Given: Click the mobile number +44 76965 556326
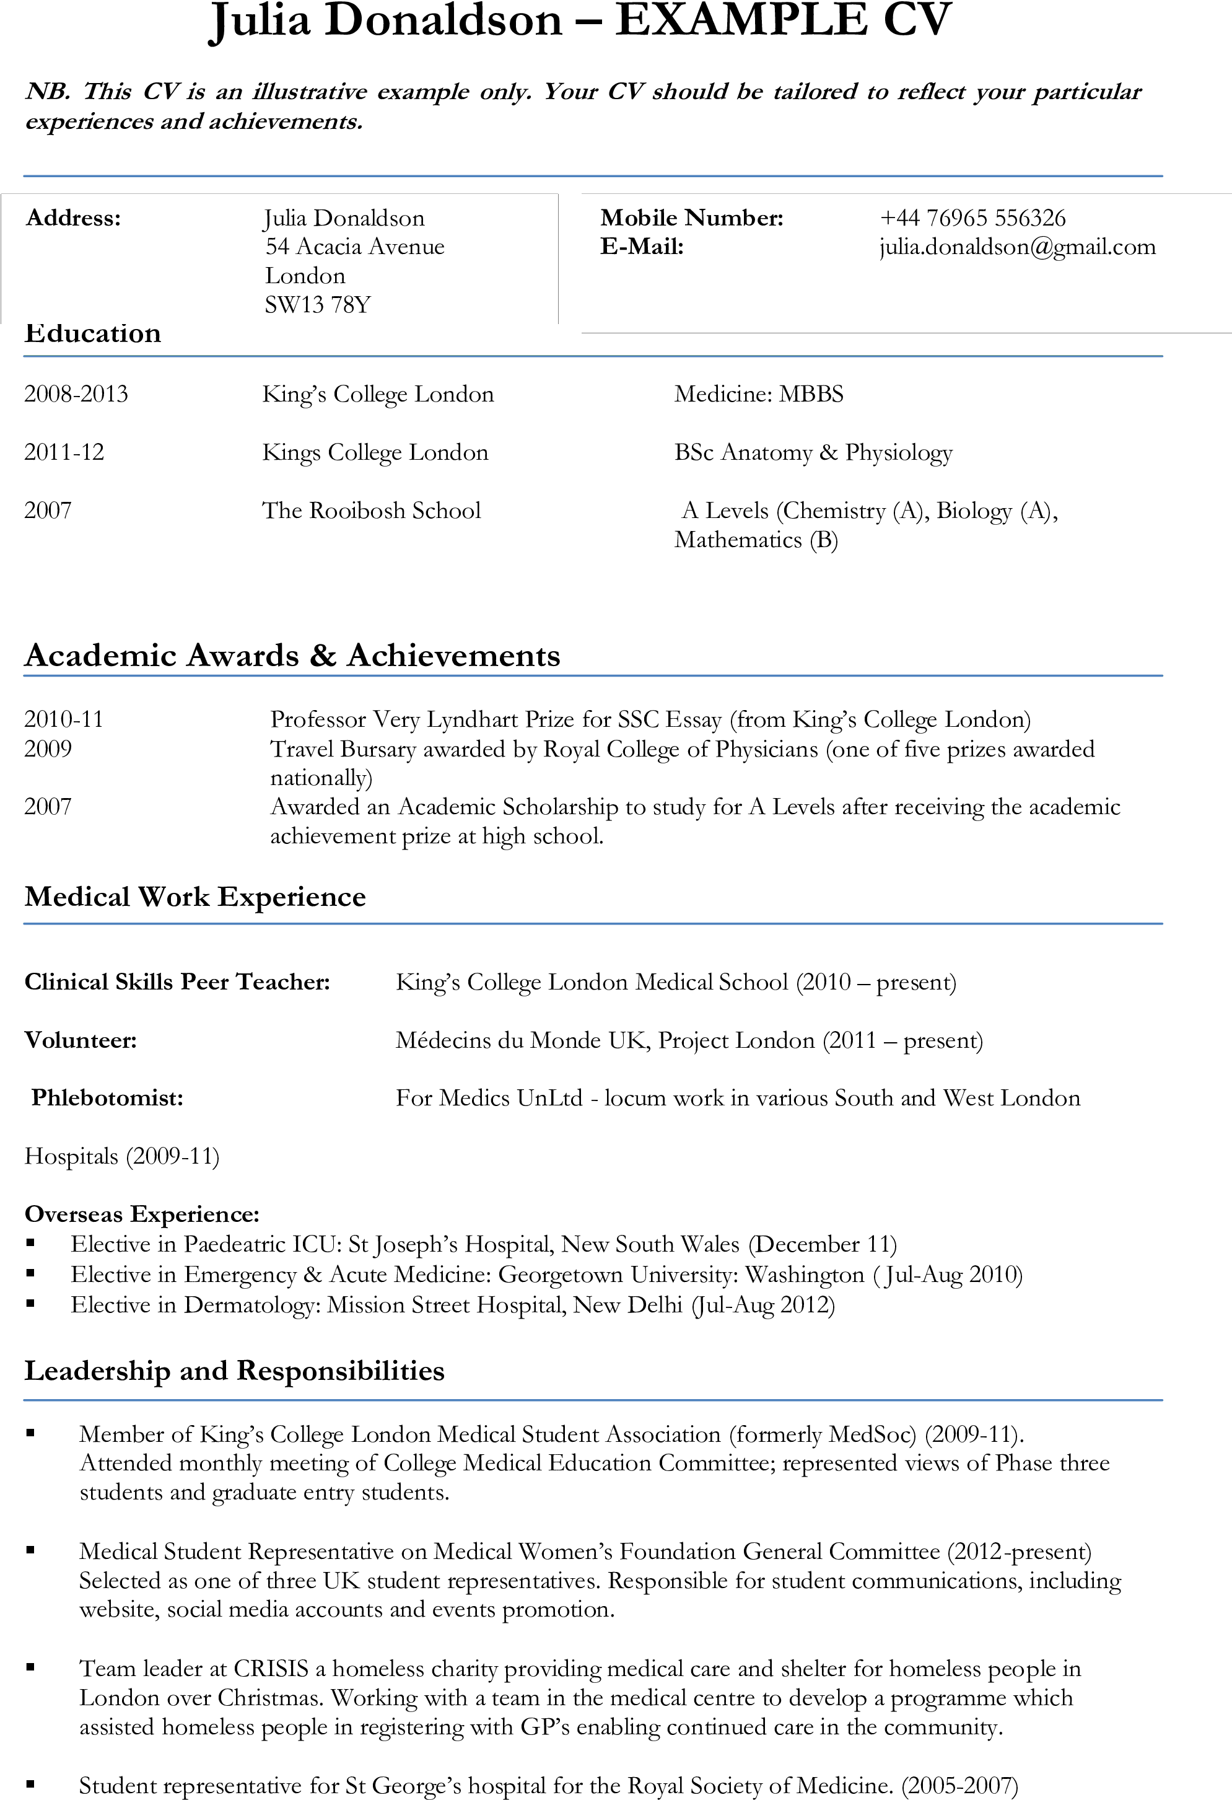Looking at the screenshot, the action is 972,217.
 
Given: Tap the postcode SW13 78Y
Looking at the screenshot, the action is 318,304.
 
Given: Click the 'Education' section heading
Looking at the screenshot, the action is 93,334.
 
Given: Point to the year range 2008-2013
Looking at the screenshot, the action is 76,394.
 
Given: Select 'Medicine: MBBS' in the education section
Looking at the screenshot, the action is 759,394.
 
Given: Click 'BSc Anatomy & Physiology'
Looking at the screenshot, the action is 813,453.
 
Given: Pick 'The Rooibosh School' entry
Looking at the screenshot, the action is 372,511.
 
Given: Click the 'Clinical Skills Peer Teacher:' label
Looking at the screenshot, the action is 177,982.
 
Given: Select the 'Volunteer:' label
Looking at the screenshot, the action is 81,1040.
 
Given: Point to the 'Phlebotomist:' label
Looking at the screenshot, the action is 108,1098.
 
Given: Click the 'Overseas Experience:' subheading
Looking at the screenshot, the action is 142,1214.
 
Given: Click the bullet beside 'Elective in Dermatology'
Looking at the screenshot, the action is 31,1304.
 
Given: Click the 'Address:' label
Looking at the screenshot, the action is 74,217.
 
